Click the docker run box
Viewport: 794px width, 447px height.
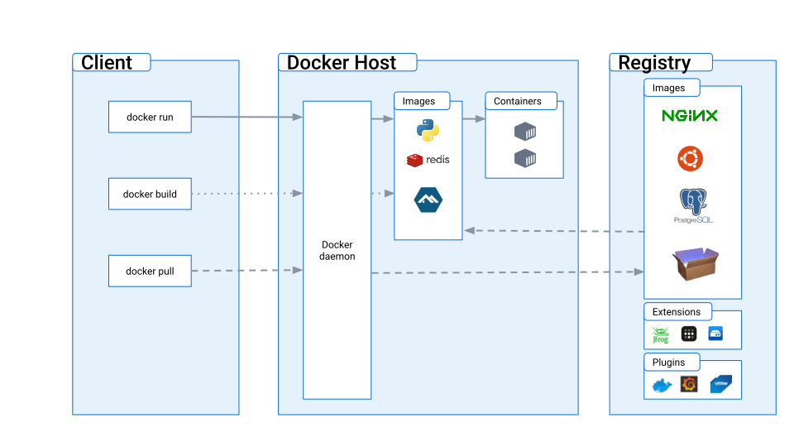(x=150, y=117)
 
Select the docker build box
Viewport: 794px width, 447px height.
(x=150, y=194)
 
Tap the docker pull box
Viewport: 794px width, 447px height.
(x=150, y=271)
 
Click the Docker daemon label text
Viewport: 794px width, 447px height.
(x=337, y=251)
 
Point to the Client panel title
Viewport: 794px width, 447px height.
(x=107, y=63)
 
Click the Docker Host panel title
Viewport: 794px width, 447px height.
(x=342, y=63)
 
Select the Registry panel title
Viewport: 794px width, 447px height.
(x=654, y=63)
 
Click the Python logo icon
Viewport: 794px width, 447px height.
(x=428, y=131)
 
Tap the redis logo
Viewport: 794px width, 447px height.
(x=428, y=160)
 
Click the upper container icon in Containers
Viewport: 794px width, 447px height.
(x=525, y=132)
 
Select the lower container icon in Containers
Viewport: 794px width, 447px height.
(x=525, y=157)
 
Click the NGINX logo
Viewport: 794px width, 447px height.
(x=690, y=116)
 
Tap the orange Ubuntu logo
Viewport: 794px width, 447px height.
(x=690, y=158)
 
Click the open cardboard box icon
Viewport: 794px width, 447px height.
(x=695, y=264)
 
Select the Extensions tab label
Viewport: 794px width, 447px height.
(x=677, y=312)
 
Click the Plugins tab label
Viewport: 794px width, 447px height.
(x=668, y=362)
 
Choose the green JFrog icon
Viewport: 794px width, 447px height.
(x=660, y=334)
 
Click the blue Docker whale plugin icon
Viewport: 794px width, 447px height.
(x=662, y=385)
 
